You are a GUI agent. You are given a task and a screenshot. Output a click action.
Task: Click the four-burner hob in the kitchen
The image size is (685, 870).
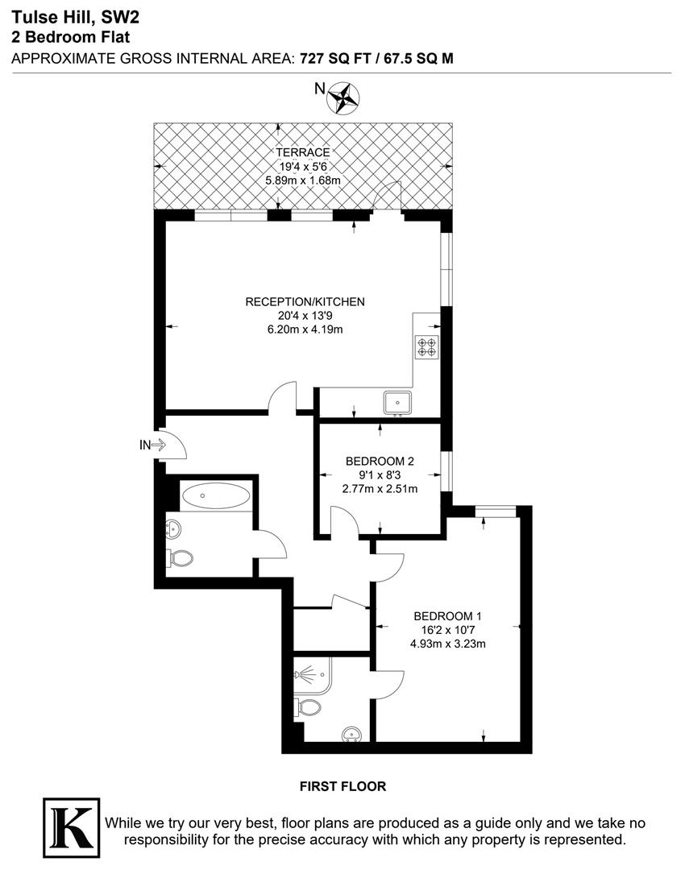click(x=427, y=347)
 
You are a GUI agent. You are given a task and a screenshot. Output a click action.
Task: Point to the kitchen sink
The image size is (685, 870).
click(x=398, y=400)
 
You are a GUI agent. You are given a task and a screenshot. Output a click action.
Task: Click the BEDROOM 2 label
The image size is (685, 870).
click(x=380, y=462)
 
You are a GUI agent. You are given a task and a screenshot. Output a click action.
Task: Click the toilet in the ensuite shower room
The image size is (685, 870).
click(x=308, y=707)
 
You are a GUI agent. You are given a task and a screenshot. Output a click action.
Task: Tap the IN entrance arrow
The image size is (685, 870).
click(x=153, y=444)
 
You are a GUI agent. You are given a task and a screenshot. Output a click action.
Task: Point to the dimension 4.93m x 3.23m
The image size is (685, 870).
click(x=448, y=644)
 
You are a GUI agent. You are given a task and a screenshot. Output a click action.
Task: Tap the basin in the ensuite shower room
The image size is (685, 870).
click(x=352, y=734)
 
